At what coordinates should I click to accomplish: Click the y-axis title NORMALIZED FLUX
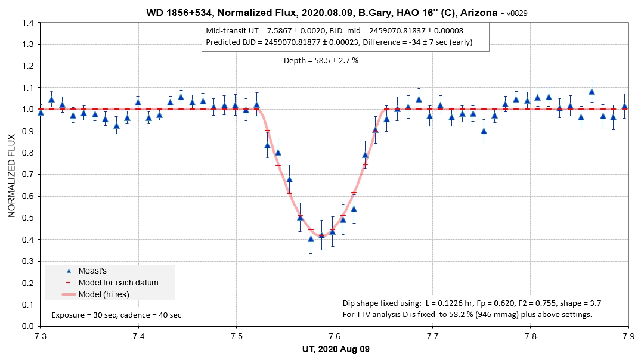(12, 175)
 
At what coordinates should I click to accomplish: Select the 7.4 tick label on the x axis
(138, 337)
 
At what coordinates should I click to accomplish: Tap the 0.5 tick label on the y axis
(27, 218)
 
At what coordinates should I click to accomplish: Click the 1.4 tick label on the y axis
(27, 23)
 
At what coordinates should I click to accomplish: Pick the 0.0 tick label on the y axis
(27, 326)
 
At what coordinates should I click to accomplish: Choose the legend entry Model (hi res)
(104, 294)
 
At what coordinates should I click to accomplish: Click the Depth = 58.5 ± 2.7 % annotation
(320, 60)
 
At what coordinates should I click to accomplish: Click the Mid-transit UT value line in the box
(335, 31)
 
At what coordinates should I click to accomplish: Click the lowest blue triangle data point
(311, 239)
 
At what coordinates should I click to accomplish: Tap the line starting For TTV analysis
(467, 314)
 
